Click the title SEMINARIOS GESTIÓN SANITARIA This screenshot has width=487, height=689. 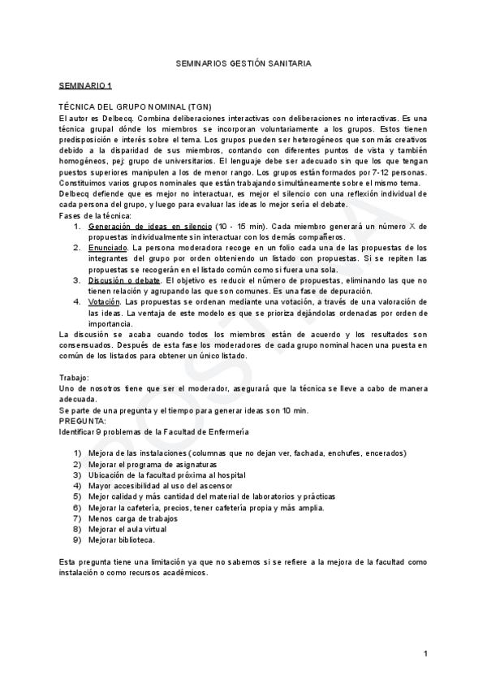tap(243, 63)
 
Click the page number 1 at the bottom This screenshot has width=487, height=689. tap(425, 652)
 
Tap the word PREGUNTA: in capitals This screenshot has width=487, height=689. tap(83, 422)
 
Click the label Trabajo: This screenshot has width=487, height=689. tap(75, 378)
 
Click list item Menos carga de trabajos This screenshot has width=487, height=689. tap(134, 518)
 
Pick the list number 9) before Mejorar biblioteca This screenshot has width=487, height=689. tap(77, 539)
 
